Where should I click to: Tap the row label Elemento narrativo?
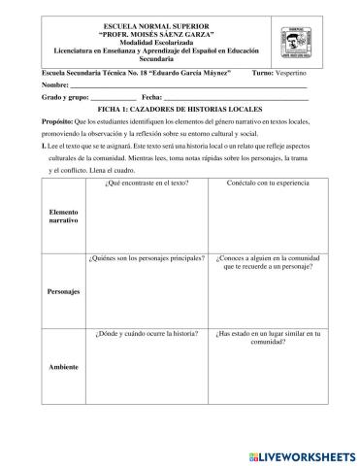(62, 217)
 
